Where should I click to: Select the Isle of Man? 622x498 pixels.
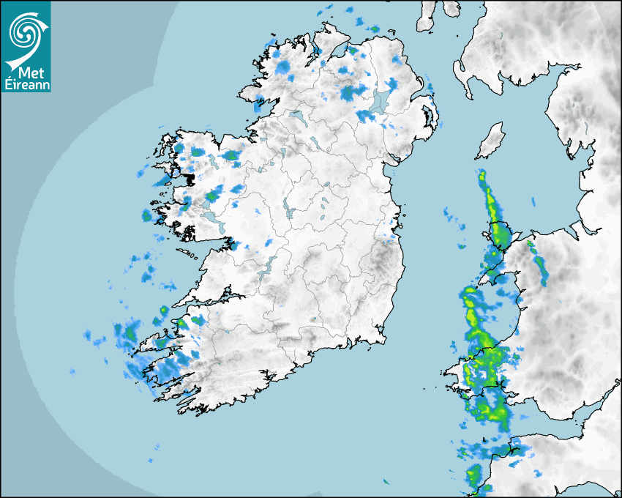490,141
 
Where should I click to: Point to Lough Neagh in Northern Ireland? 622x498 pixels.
381,100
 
